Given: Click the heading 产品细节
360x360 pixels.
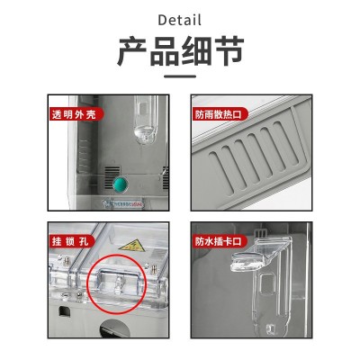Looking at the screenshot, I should [180, 51].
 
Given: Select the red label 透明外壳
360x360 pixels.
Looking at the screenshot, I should [72, 115].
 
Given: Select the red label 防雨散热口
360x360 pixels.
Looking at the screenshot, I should [214, 115].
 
